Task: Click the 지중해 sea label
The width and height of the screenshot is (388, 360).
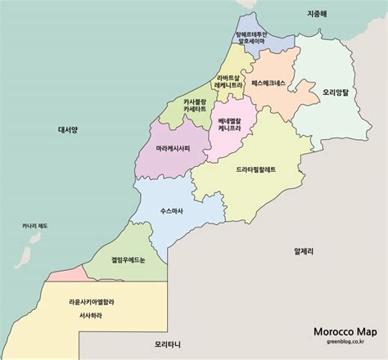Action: pyautogui.click(x=316, y=14)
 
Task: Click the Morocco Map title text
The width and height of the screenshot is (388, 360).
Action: pyautogui.click(x=345, y=332)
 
